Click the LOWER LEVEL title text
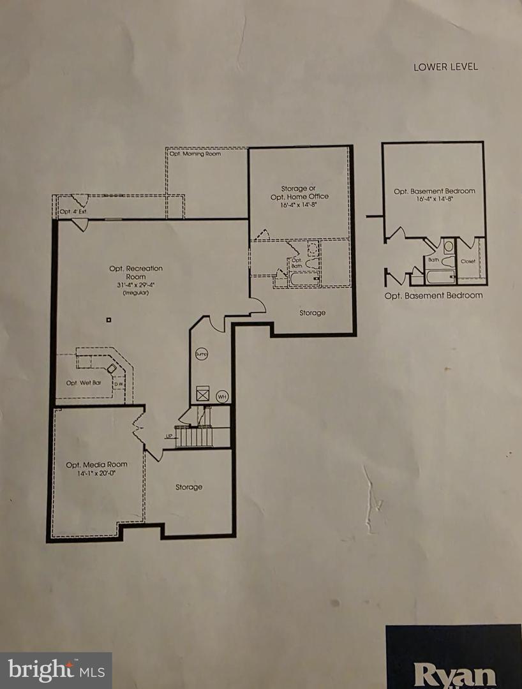445,66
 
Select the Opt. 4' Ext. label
73,211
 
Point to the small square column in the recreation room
109,319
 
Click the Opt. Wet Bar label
84,383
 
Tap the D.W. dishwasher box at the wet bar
119,384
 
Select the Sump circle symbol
202,353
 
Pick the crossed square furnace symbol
203,394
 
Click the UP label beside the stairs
169,436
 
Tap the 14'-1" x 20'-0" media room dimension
96,473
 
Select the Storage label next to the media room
189,487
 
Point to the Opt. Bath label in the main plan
296,263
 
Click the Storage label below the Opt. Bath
312,313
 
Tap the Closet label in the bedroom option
468,261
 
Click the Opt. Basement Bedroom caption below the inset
433,295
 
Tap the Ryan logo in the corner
454,673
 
